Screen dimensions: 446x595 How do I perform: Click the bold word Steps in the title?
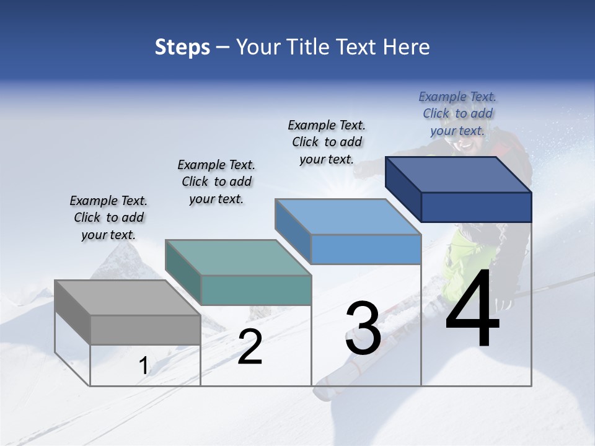pyautogui.click(x=182, y=47)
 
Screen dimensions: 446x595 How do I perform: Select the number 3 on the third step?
pyautogui.click(x=363, y=328)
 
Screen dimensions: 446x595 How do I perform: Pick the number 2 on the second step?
pyautogui.click(x=250, y=347)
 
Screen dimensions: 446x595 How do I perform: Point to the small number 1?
pyautogui.click(x=143, y=366)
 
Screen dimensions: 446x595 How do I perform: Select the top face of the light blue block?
pyautogui.click(x=348, y=217)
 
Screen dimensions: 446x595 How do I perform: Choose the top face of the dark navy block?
pyautogui.click(x=459, y=175)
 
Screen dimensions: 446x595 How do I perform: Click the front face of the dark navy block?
pyautogui.click(x=476, y=207)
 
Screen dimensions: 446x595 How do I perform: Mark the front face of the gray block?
pyautogui.click(x=145, y=330)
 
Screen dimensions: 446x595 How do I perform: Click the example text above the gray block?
pyautogui.click(x=108, y=217)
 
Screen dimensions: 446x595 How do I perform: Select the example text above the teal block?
pyautogui.click(x=216, y=181)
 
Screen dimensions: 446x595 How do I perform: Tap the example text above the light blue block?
pyautogui.click(x=327, y=142)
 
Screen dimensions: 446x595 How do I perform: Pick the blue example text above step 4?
pyautogui.click(x=457, y=113)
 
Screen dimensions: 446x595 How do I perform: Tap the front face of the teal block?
pyautogui.click(x=256, y=290)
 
